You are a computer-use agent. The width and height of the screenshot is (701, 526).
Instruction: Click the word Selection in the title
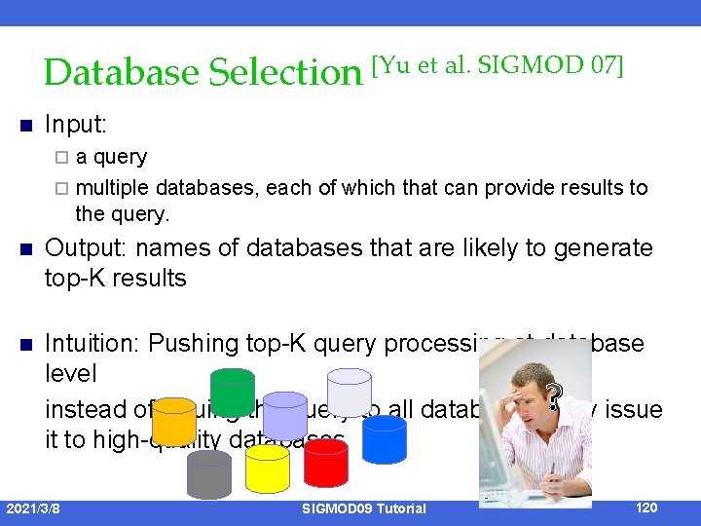click(284, 72)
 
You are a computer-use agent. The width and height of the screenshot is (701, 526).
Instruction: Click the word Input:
click(76, 126)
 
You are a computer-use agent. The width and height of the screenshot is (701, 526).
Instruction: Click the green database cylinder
click(232, 391)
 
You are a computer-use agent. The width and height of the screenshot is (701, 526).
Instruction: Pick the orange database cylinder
click(174, 420)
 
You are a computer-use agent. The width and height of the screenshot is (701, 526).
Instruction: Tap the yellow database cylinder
click(267, 468)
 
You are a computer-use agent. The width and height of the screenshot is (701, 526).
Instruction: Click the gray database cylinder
click(208, 474)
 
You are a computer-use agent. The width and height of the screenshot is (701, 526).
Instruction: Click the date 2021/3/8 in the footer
click(32, 507)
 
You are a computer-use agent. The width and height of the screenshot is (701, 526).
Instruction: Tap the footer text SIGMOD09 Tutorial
click(364, 508)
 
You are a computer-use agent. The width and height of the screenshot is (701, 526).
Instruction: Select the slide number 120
click(646, 507)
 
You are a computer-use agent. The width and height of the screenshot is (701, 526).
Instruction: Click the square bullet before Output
click(26, 248)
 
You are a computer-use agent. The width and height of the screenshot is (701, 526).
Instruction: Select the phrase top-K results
click(116, 279)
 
